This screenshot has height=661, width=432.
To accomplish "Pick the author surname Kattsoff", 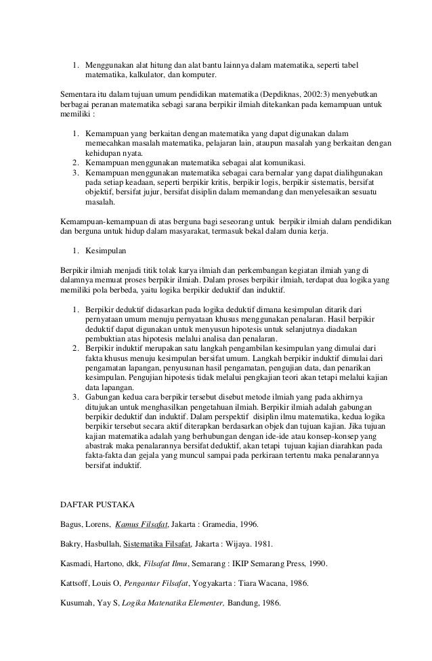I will point(76,582).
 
